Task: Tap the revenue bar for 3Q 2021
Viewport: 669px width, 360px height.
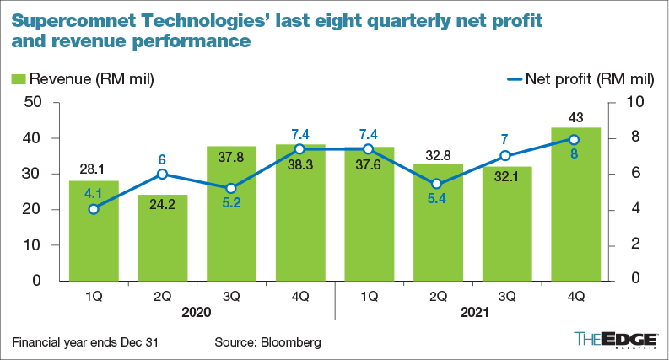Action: pyautogui.click(x=506, y=223)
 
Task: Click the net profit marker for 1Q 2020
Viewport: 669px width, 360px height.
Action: pyautogui.click(x=94, y=208)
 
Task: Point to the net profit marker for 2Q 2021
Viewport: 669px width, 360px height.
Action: pyautogui.click(x=437, y=184)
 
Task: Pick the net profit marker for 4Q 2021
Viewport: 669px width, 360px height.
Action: pyautogui.click(x=575, y=139)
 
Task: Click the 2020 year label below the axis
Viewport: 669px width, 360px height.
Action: pyautogui.click(x=196, y=311)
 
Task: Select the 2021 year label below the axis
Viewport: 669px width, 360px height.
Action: pyautogui.click(x=471, y=311)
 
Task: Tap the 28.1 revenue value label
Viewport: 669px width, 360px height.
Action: pyautogui.click(x=94, y=169)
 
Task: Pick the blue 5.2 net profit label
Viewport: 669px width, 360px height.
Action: pyautogui.click(x=231, y=203)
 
